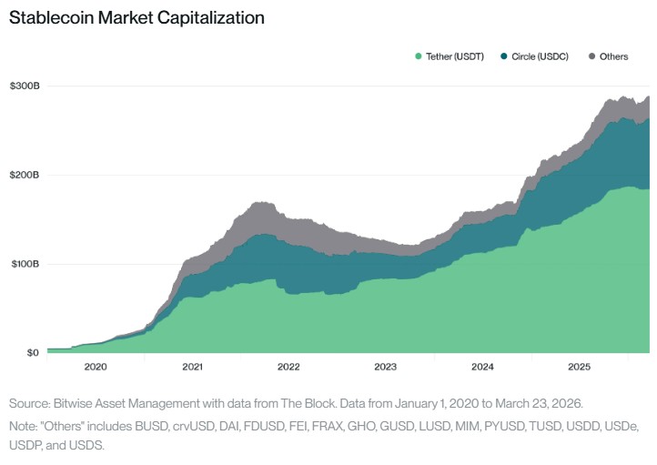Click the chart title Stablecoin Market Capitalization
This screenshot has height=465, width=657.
(136, 17)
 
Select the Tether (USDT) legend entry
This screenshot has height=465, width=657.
(454, 56)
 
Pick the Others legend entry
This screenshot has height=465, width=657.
(612, 56)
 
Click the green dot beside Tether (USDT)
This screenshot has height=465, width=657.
(419, 56)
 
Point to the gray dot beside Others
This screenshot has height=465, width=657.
(592, 56)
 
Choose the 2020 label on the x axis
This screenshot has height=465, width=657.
(95, 368)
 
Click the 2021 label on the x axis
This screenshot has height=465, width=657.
(192, 368)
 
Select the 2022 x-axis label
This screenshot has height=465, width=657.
(288, 368)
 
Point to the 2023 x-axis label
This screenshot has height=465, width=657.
(386, 368)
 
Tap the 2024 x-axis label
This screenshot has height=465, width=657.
(482, 368)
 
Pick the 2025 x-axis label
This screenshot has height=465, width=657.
(580, 368)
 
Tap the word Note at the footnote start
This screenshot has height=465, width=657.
(23, 425)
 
